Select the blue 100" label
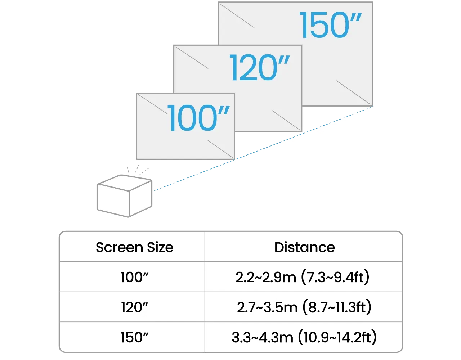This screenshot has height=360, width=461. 199,118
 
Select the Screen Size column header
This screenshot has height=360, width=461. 134,247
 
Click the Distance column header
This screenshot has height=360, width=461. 304,247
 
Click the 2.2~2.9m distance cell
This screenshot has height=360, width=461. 267,278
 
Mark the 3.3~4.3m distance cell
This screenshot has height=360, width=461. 265,337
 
